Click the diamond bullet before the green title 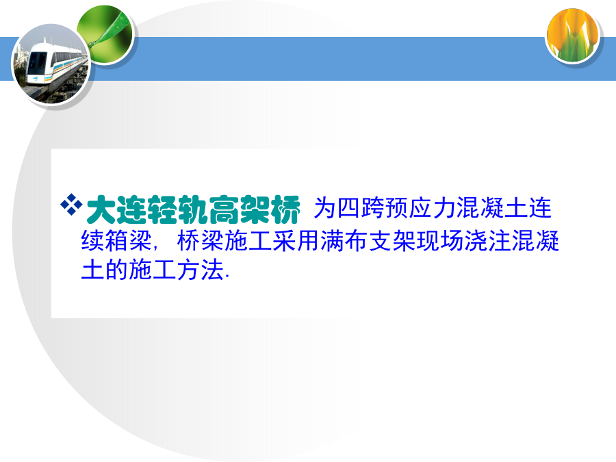[71, 205]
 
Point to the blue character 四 [349, 208]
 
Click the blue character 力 [445, 208]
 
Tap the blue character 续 [92, 240]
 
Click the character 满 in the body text [332, 240]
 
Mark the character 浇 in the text [476, 240]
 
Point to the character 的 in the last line [116, 270]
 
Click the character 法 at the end [212, 270]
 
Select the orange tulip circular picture [572, 36]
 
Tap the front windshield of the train [37, 62]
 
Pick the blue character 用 [308, 240]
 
